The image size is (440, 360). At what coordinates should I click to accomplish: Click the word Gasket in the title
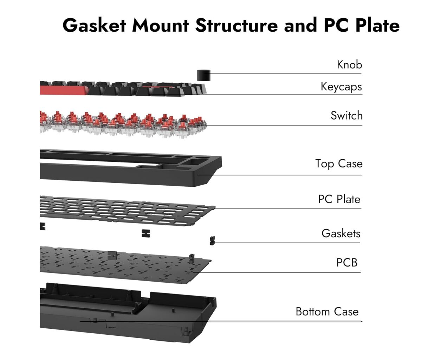[94, 25]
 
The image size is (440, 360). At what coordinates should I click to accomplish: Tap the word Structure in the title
[237, 25]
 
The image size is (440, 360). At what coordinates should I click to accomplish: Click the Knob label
[349, 65]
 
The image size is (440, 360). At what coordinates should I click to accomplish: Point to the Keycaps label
[341, 87]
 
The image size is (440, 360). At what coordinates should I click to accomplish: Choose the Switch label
[346, 116]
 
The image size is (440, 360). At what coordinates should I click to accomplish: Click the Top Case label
[338, 164]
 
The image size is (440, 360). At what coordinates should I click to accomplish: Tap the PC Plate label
[339, 199]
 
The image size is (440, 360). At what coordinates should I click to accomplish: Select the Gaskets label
[341, 233]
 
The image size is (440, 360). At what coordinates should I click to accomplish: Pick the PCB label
[347, 263]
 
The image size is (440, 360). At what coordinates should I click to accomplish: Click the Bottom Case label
[327, 311]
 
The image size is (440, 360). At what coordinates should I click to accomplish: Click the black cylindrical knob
[203, 75]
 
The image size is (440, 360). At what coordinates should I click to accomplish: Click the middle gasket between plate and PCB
[146, 233]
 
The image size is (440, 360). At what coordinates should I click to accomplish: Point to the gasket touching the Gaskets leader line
[212, 240]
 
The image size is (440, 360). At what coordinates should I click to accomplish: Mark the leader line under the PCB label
[281, 272]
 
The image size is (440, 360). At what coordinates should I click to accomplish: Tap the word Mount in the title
[160, 25]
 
